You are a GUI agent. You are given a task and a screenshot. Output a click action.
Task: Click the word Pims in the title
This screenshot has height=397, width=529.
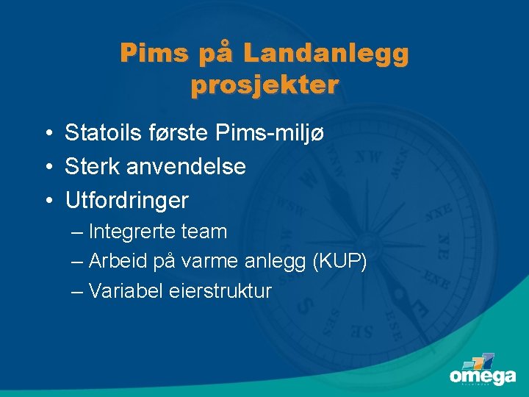(151, 54)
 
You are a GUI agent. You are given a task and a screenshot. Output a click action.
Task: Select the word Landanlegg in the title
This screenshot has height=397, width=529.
(325, 54)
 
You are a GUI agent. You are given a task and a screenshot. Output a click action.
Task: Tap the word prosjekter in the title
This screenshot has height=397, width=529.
(264, 85)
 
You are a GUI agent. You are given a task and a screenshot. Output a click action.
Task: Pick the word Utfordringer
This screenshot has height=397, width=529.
(126, 199)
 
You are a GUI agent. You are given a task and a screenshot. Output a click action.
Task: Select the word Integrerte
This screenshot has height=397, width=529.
(132, 232)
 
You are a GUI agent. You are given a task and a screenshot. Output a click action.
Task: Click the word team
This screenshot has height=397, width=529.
(204, 232)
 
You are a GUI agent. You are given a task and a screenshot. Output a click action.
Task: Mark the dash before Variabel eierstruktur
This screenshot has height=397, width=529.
(78, 291)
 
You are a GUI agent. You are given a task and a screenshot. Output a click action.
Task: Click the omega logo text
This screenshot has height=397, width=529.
(482, 377)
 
